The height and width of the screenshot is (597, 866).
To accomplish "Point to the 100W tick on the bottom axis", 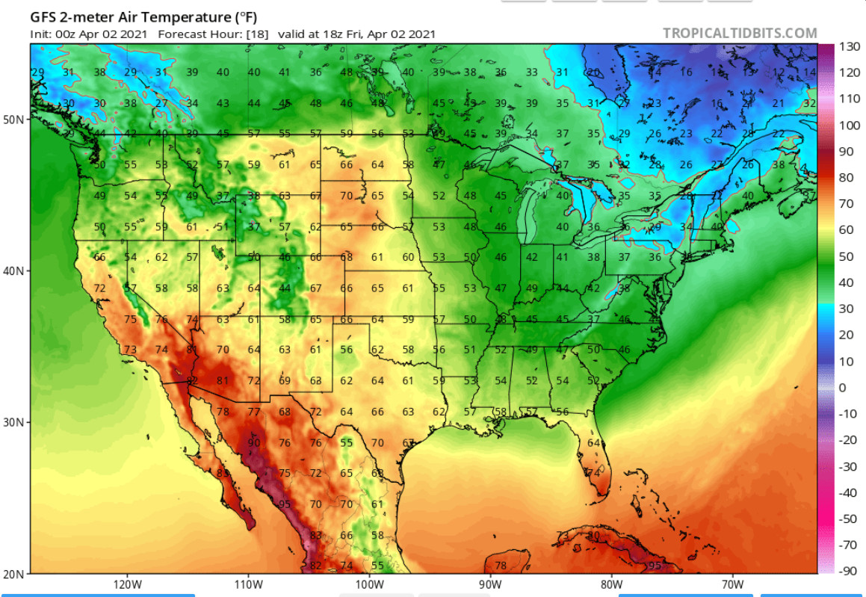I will tap(369, 584).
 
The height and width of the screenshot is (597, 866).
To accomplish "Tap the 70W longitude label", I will tap(733, 584).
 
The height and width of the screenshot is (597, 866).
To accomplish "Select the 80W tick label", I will tap(611, 584).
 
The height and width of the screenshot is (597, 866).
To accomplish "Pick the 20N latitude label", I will tap(14, 574).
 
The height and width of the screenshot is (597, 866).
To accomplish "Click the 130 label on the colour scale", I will tap(849, 46).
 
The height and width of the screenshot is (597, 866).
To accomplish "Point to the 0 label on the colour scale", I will tap(842, 387).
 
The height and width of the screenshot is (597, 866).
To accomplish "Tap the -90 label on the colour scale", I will tap(847, 571).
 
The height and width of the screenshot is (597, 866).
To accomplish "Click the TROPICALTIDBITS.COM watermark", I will tap(740, 33).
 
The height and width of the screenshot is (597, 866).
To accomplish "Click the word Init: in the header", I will tap(40, 34).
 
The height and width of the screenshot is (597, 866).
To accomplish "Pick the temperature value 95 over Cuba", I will tap(655, 566).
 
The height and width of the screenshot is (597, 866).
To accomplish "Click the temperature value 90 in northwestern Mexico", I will tap(254, 442).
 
